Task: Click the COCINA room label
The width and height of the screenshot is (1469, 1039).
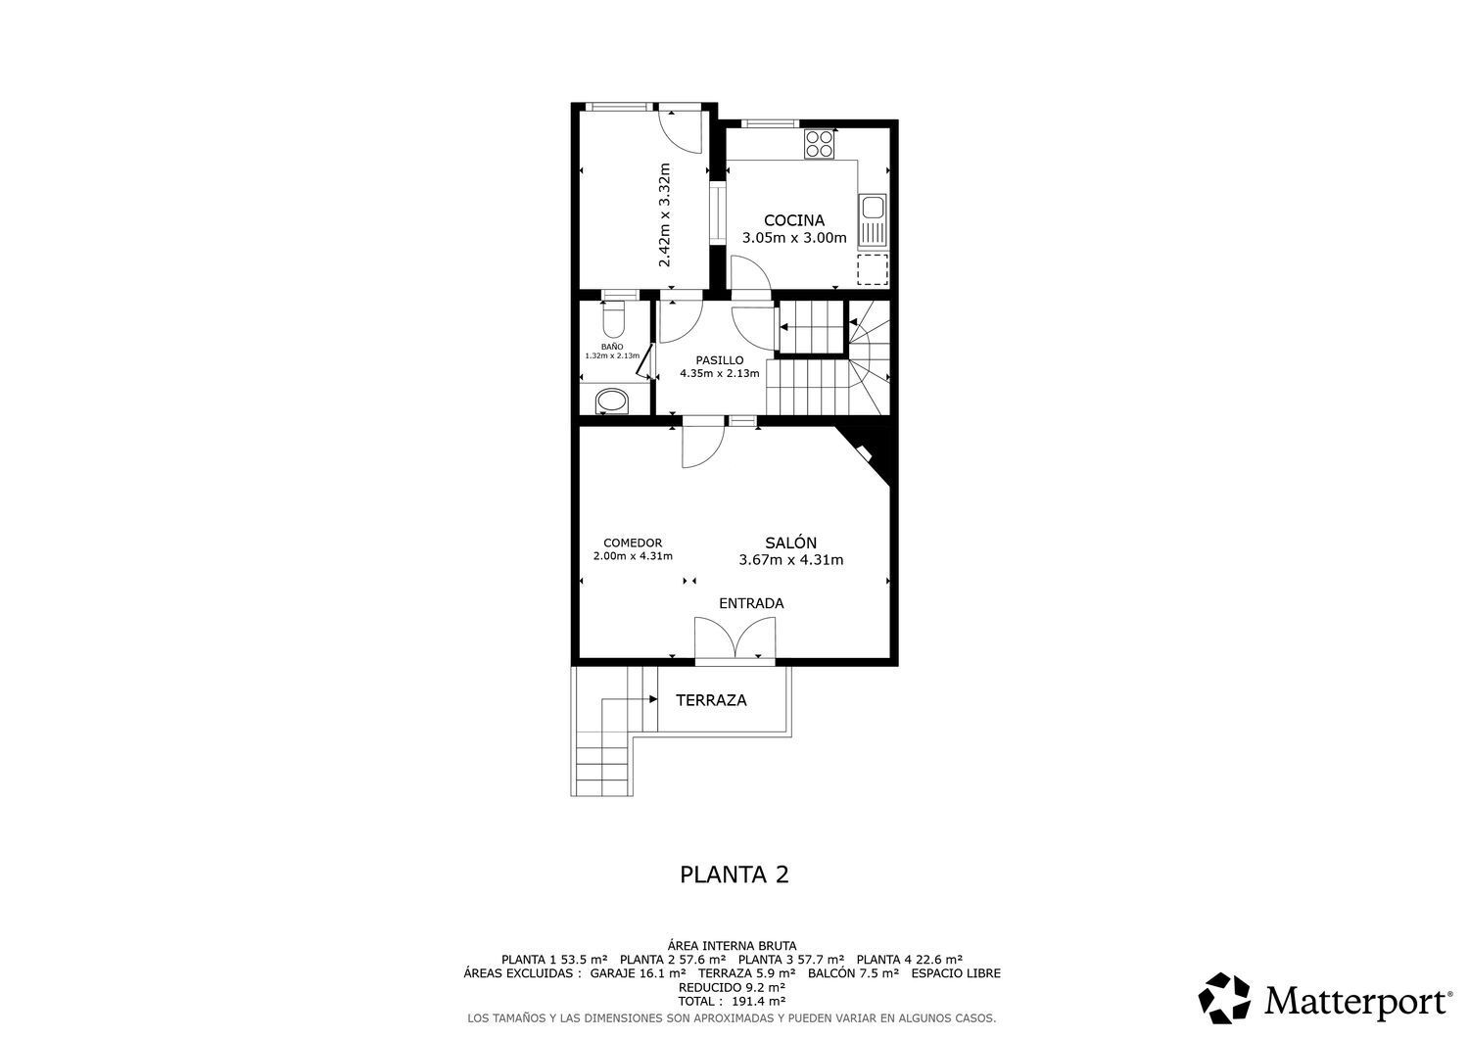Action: tap(793, 220)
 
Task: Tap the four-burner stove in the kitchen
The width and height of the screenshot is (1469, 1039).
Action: tap(820, 145)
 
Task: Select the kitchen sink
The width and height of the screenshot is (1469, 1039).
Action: tap(872, 220)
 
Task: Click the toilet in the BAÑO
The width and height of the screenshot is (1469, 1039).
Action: tap(614, 318)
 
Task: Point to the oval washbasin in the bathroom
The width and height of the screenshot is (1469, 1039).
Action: tap(613, 401)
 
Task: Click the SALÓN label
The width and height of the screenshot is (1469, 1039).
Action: tap(790, 543)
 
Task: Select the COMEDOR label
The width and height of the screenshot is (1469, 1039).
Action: tap(633, 543)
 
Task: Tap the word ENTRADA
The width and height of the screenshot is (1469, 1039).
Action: tap(751, 603)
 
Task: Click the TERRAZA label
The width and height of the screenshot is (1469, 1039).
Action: tap(711, 700)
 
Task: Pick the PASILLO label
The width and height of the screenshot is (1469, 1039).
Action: tap(719, 359)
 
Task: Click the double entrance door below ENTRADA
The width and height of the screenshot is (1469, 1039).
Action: tap(734, 641)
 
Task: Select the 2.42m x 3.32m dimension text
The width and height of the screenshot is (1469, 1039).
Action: tap(664, 215)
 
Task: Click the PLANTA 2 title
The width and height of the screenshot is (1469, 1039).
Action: tap(734, 874)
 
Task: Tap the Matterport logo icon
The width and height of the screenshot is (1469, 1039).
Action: tap(1224, 998)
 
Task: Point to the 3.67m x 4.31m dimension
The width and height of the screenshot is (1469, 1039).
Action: tap(790, 560)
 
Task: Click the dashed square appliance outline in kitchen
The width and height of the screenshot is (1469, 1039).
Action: tap(872, 268)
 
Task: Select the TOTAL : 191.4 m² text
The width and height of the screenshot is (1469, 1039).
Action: tap(732, 1002)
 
